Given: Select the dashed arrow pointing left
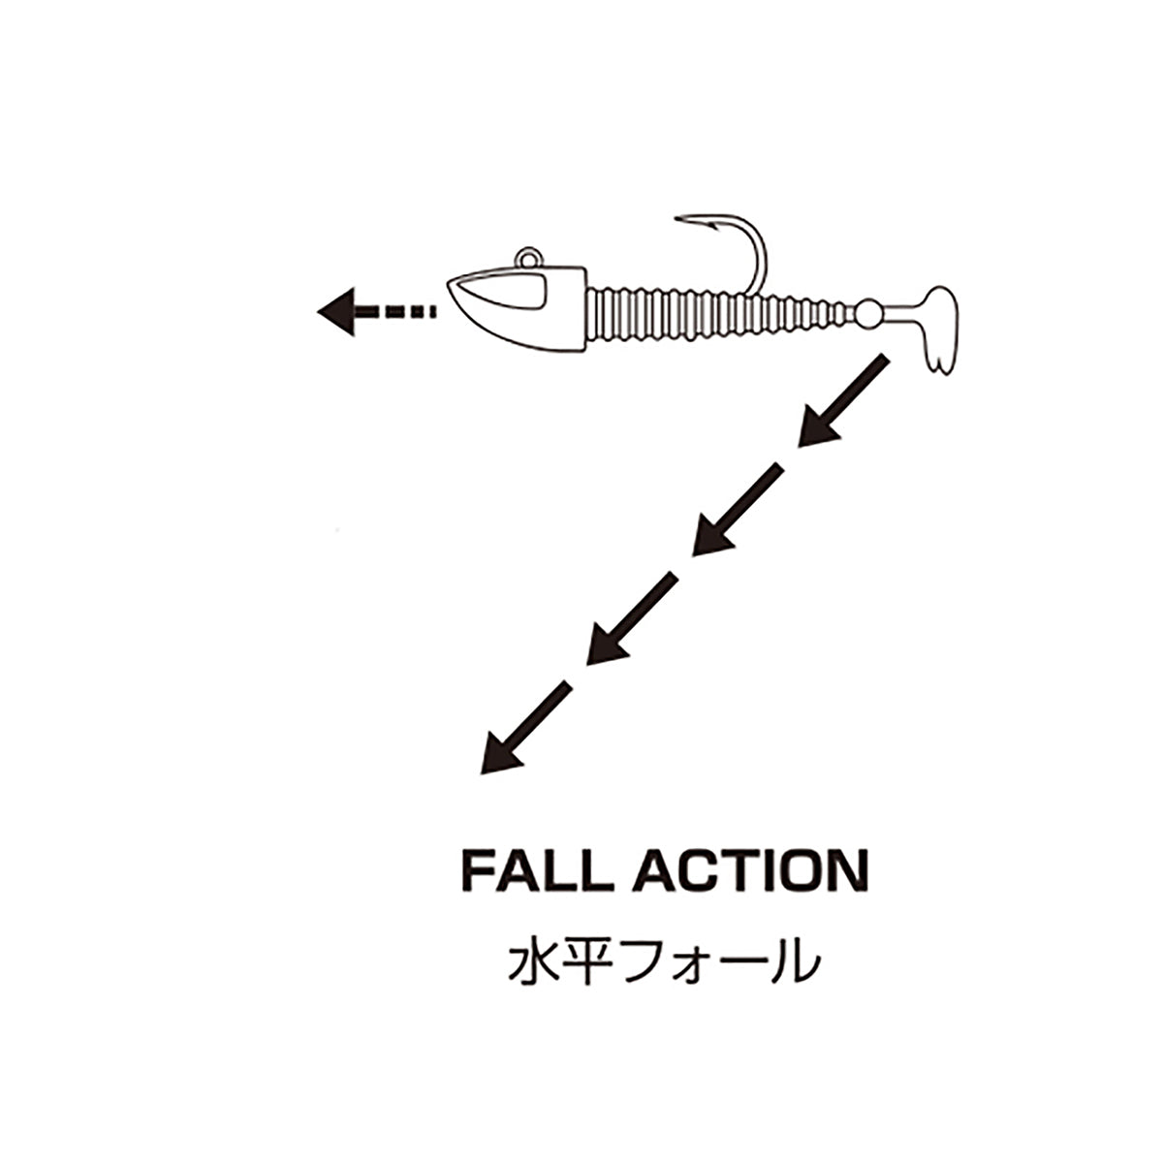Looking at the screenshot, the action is coord(375,311).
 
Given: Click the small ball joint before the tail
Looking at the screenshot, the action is coord(868,314).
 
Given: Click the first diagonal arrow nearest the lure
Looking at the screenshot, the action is coord(843,400).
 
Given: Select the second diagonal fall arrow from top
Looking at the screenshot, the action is coord(738,510).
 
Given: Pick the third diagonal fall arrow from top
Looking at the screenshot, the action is coord(632,618).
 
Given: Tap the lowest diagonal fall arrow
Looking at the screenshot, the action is coord(525,727).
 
